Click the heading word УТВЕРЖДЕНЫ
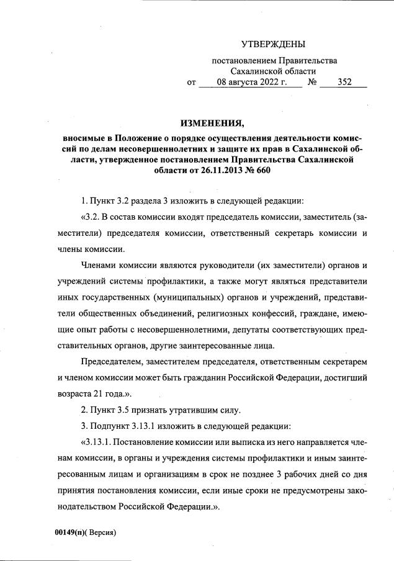[x=273, y=45]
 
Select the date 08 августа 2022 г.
[x=251, y=82]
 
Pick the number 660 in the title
[x=263, y=170]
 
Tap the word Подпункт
[x=112, y=426]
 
